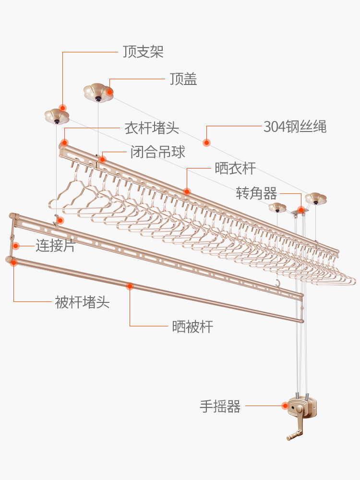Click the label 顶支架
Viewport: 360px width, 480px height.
pos(143,52)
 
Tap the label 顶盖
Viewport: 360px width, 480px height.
pos(183,79)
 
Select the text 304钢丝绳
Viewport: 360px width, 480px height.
pos(295,127)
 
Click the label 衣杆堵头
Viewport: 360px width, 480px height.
pos(152,128)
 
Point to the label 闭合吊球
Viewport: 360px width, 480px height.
pos(157,153)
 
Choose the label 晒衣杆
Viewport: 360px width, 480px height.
pos(235,168)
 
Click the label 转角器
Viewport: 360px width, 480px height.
pos(256,193)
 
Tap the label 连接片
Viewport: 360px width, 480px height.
pos(56,246)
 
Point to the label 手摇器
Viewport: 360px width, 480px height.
pos(220,407)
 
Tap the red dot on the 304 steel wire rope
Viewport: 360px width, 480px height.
pos(206,142)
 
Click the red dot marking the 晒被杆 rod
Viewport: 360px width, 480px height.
pos(129,287)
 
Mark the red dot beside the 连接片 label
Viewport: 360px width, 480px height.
pos(16,246)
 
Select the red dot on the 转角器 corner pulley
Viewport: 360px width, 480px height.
pos(301,210)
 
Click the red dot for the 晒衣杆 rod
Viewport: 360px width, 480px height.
pos(187,191)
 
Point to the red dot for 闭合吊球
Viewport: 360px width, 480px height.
pos(102,159)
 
